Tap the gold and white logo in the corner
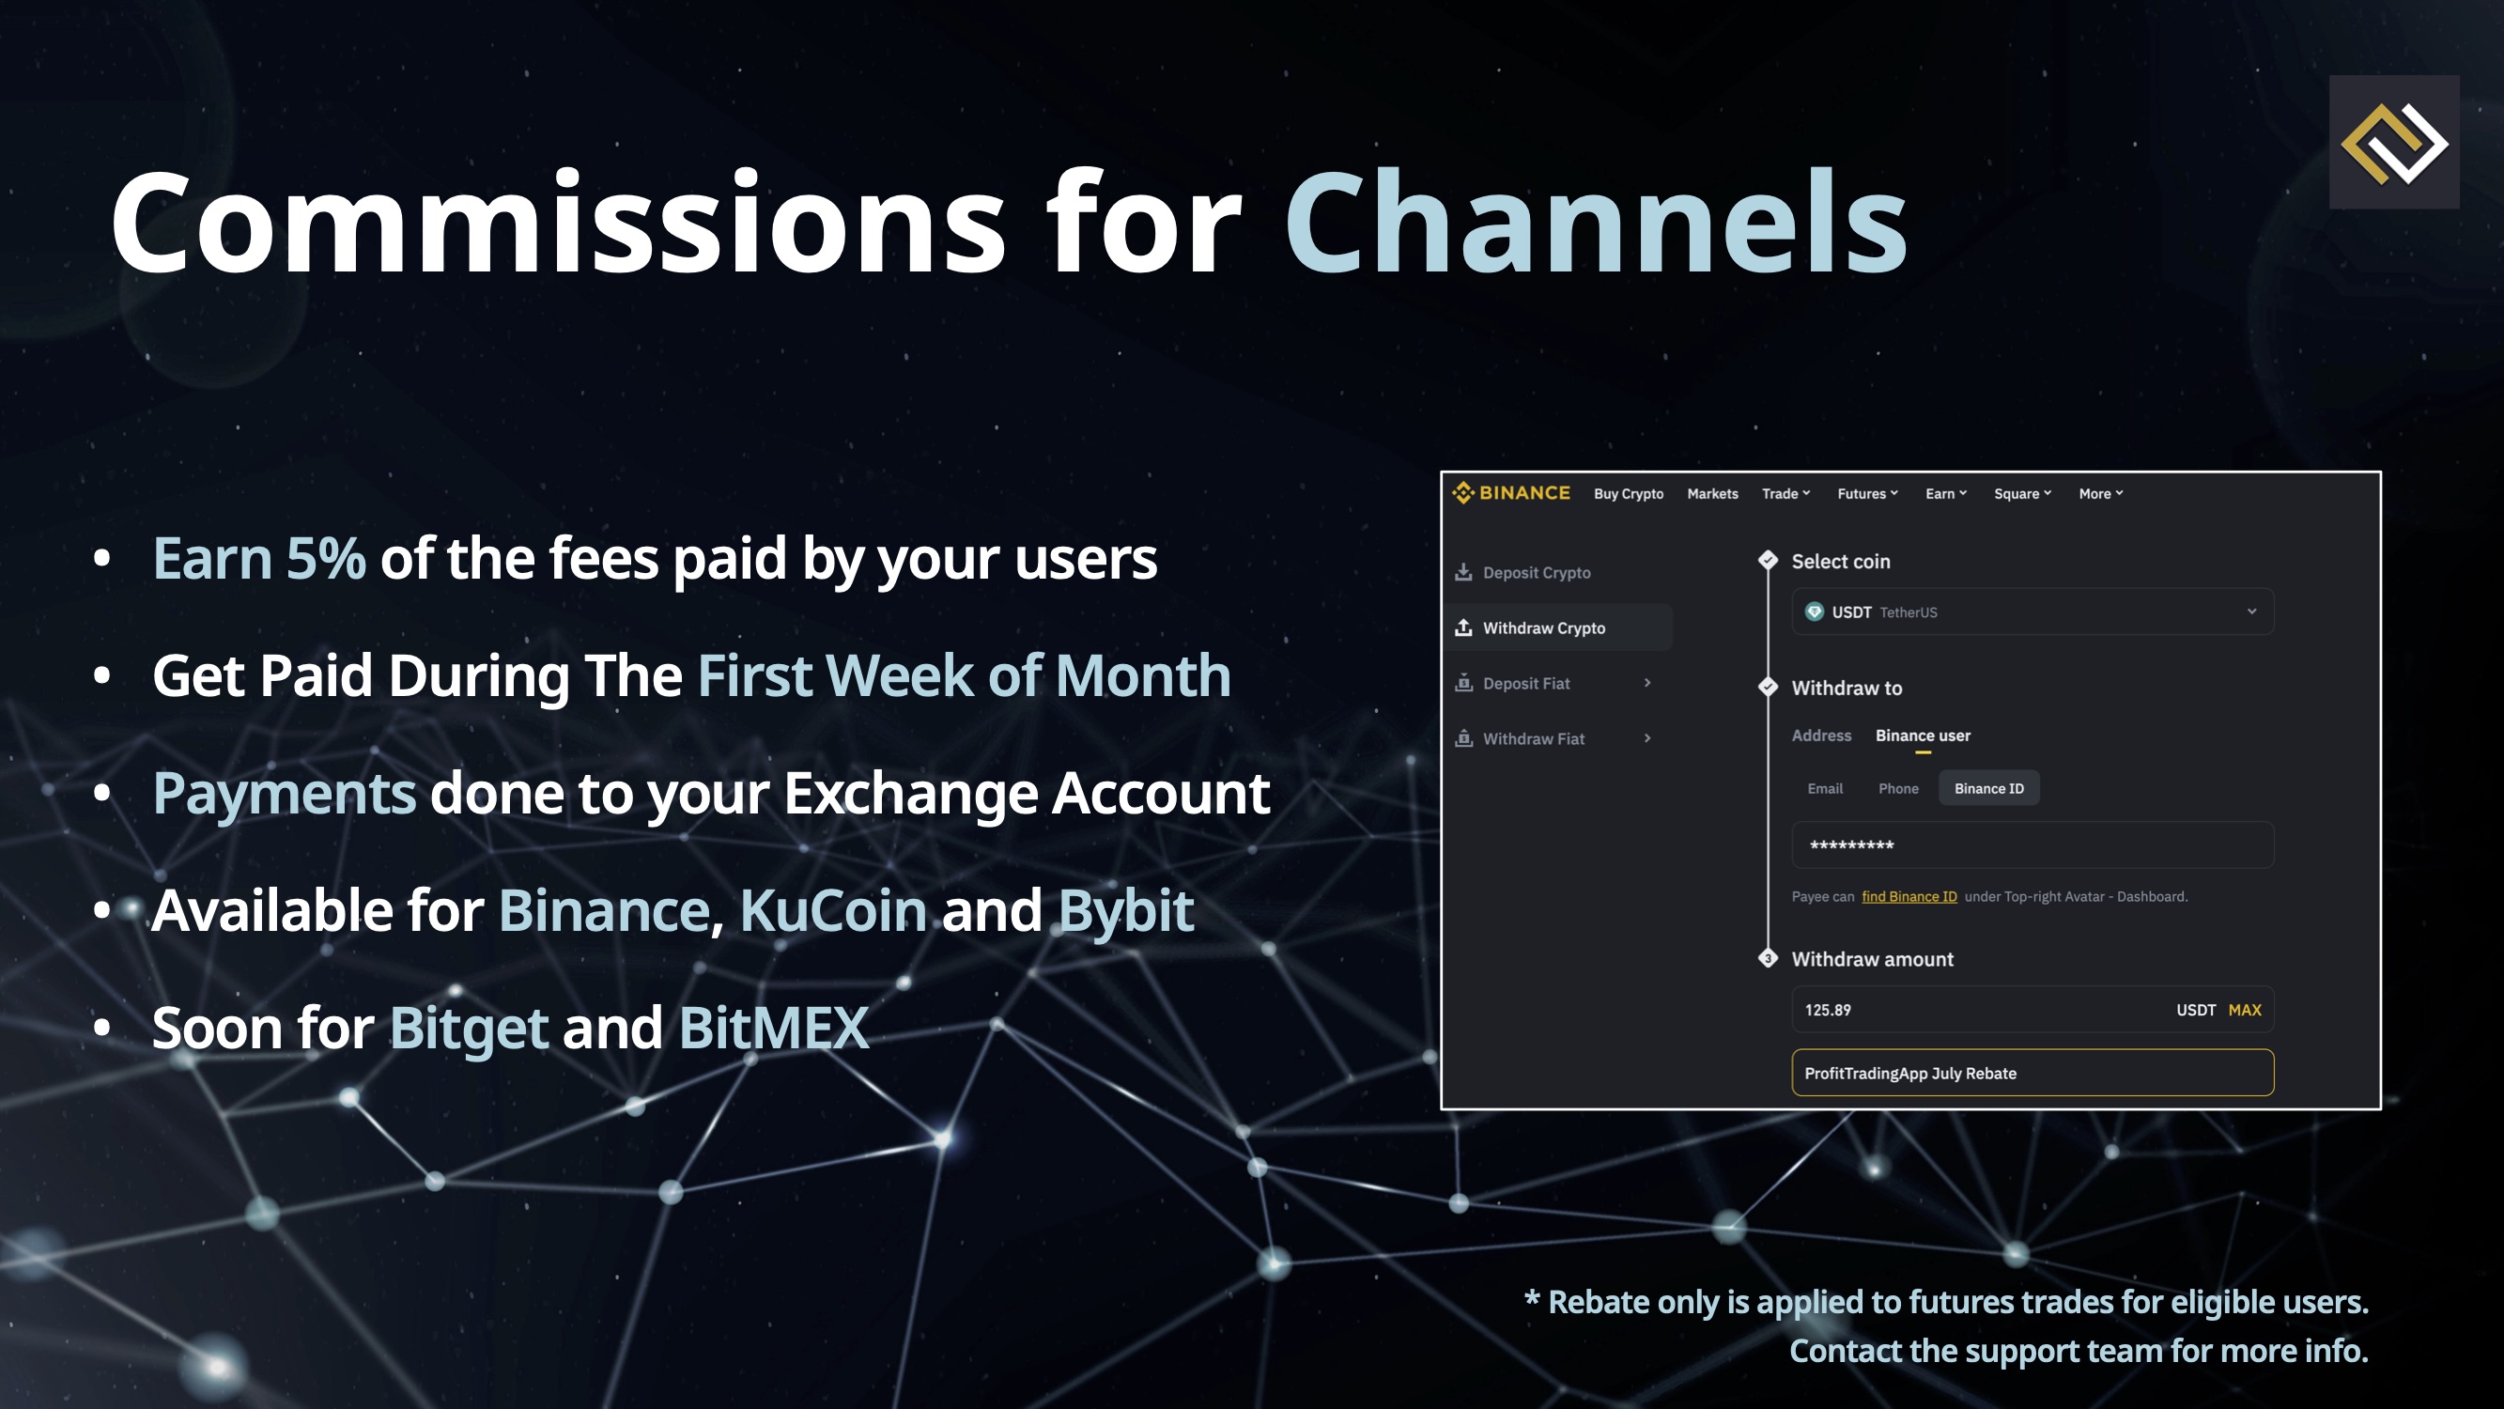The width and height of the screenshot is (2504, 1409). pos(2394,143)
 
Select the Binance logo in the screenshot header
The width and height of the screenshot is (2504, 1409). pos(1510,493)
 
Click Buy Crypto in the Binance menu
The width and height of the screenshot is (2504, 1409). pos(1629,494)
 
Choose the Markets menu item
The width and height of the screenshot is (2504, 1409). pos(1713,494)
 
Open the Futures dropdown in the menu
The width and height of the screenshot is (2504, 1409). pos(1867,494)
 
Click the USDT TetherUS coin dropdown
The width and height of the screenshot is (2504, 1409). pos(2033,612)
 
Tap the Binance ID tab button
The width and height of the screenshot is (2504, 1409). pos(1988,789)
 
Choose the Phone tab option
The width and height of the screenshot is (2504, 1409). pos(1898,789)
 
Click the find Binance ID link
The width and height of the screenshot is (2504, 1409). pos(1909,896)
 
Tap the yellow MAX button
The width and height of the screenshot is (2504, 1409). pos(2245,1011)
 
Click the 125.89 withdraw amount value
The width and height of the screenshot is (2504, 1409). pos(1828,1011)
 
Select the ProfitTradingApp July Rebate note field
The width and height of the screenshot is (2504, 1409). pos(2033,1073)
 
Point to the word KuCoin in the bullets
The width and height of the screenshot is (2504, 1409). pos(833,911)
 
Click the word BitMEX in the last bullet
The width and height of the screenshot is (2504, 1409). pos(774,1029)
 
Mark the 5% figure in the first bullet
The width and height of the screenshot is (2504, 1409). pos(326,559)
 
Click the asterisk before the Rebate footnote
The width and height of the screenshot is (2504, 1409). pos(1532,1297)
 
